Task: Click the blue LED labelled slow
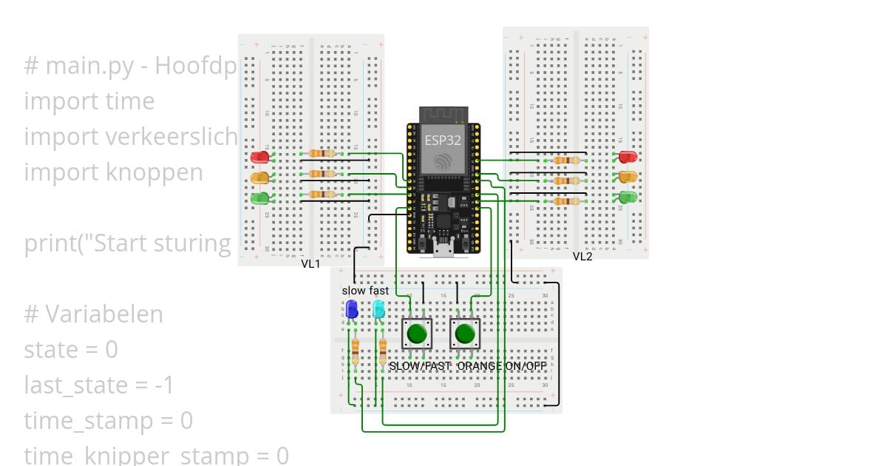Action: (353, 309)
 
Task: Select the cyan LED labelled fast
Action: (378, 308)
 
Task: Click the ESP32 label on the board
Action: (443, 138)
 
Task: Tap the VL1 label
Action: (310, 264)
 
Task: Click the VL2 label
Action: (582, 257)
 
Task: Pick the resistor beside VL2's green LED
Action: (567, 201)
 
